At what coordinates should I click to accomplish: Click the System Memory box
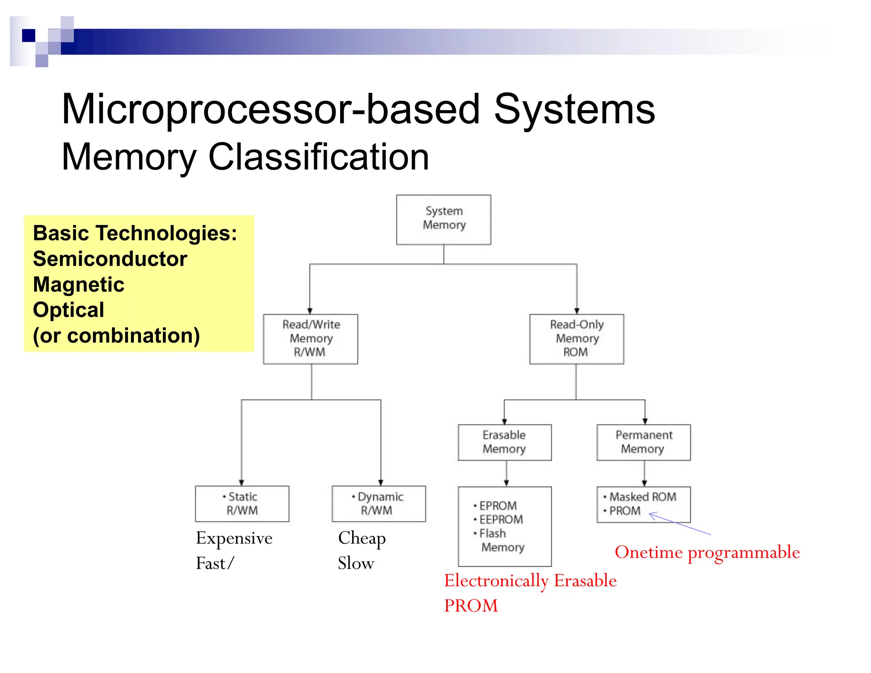444,220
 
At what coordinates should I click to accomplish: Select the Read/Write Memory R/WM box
310,339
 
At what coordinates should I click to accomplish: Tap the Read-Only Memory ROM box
577,339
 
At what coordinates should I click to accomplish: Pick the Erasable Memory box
504,442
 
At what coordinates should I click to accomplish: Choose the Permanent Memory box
643,442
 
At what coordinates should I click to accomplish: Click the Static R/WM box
242,504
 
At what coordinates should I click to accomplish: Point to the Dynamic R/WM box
379,504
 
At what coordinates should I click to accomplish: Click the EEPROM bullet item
501,519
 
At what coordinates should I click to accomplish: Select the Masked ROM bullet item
642,497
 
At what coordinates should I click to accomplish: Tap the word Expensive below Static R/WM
234,538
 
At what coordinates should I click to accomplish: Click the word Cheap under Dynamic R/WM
362,538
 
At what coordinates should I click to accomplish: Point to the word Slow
356,564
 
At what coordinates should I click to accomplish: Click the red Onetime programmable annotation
707,552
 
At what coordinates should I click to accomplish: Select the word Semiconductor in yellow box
110,259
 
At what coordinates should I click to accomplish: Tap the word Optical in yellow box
68,310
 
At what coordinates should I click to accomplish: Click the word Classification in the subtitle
319,157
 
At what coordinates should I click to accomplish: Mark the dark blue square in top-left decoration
28,35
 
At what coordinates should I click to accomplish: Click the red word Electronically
496,581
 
